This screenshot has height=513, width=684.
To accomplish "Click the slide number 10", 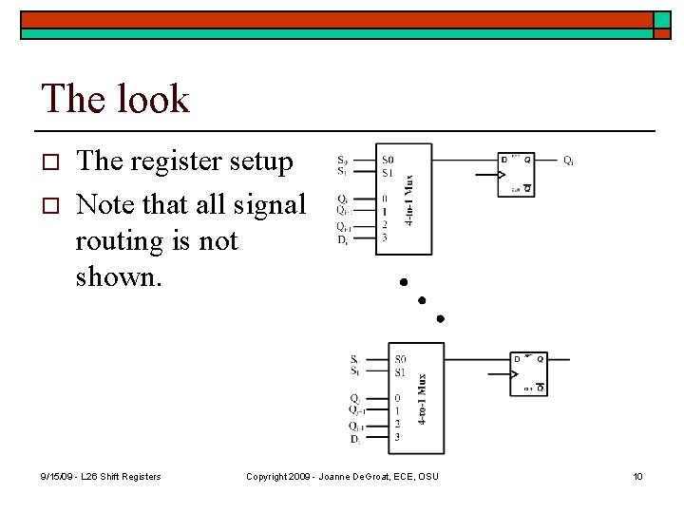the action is [638, 476].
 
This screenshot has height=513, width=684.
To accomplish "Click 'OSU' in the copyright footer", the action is [427, 476].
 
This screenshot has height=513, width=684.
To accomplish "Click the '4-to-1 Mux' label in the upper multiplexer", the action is [409, 199].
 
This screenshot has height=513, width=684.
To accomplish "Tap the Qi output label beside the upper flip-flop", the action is [568, 161].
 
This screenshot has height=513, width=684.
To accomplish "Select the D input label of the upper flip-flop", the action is [504, 160].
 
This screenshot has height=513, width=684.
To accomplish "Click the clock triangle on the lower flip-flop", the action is [517, 374].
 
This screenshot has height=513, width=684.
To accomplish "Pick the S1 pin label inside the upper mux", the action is [388, 172].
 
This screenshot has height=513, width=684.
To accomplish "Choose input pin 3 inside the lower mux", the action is [397, 437].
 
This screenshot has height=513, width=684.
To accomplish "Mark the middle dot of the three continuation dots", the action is [422, 300].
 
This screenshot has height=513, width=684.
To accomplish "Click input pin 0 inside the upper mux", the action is [384, 199].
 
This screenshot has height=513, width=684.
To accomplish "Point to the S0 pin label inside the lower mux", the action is [401, 359].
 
